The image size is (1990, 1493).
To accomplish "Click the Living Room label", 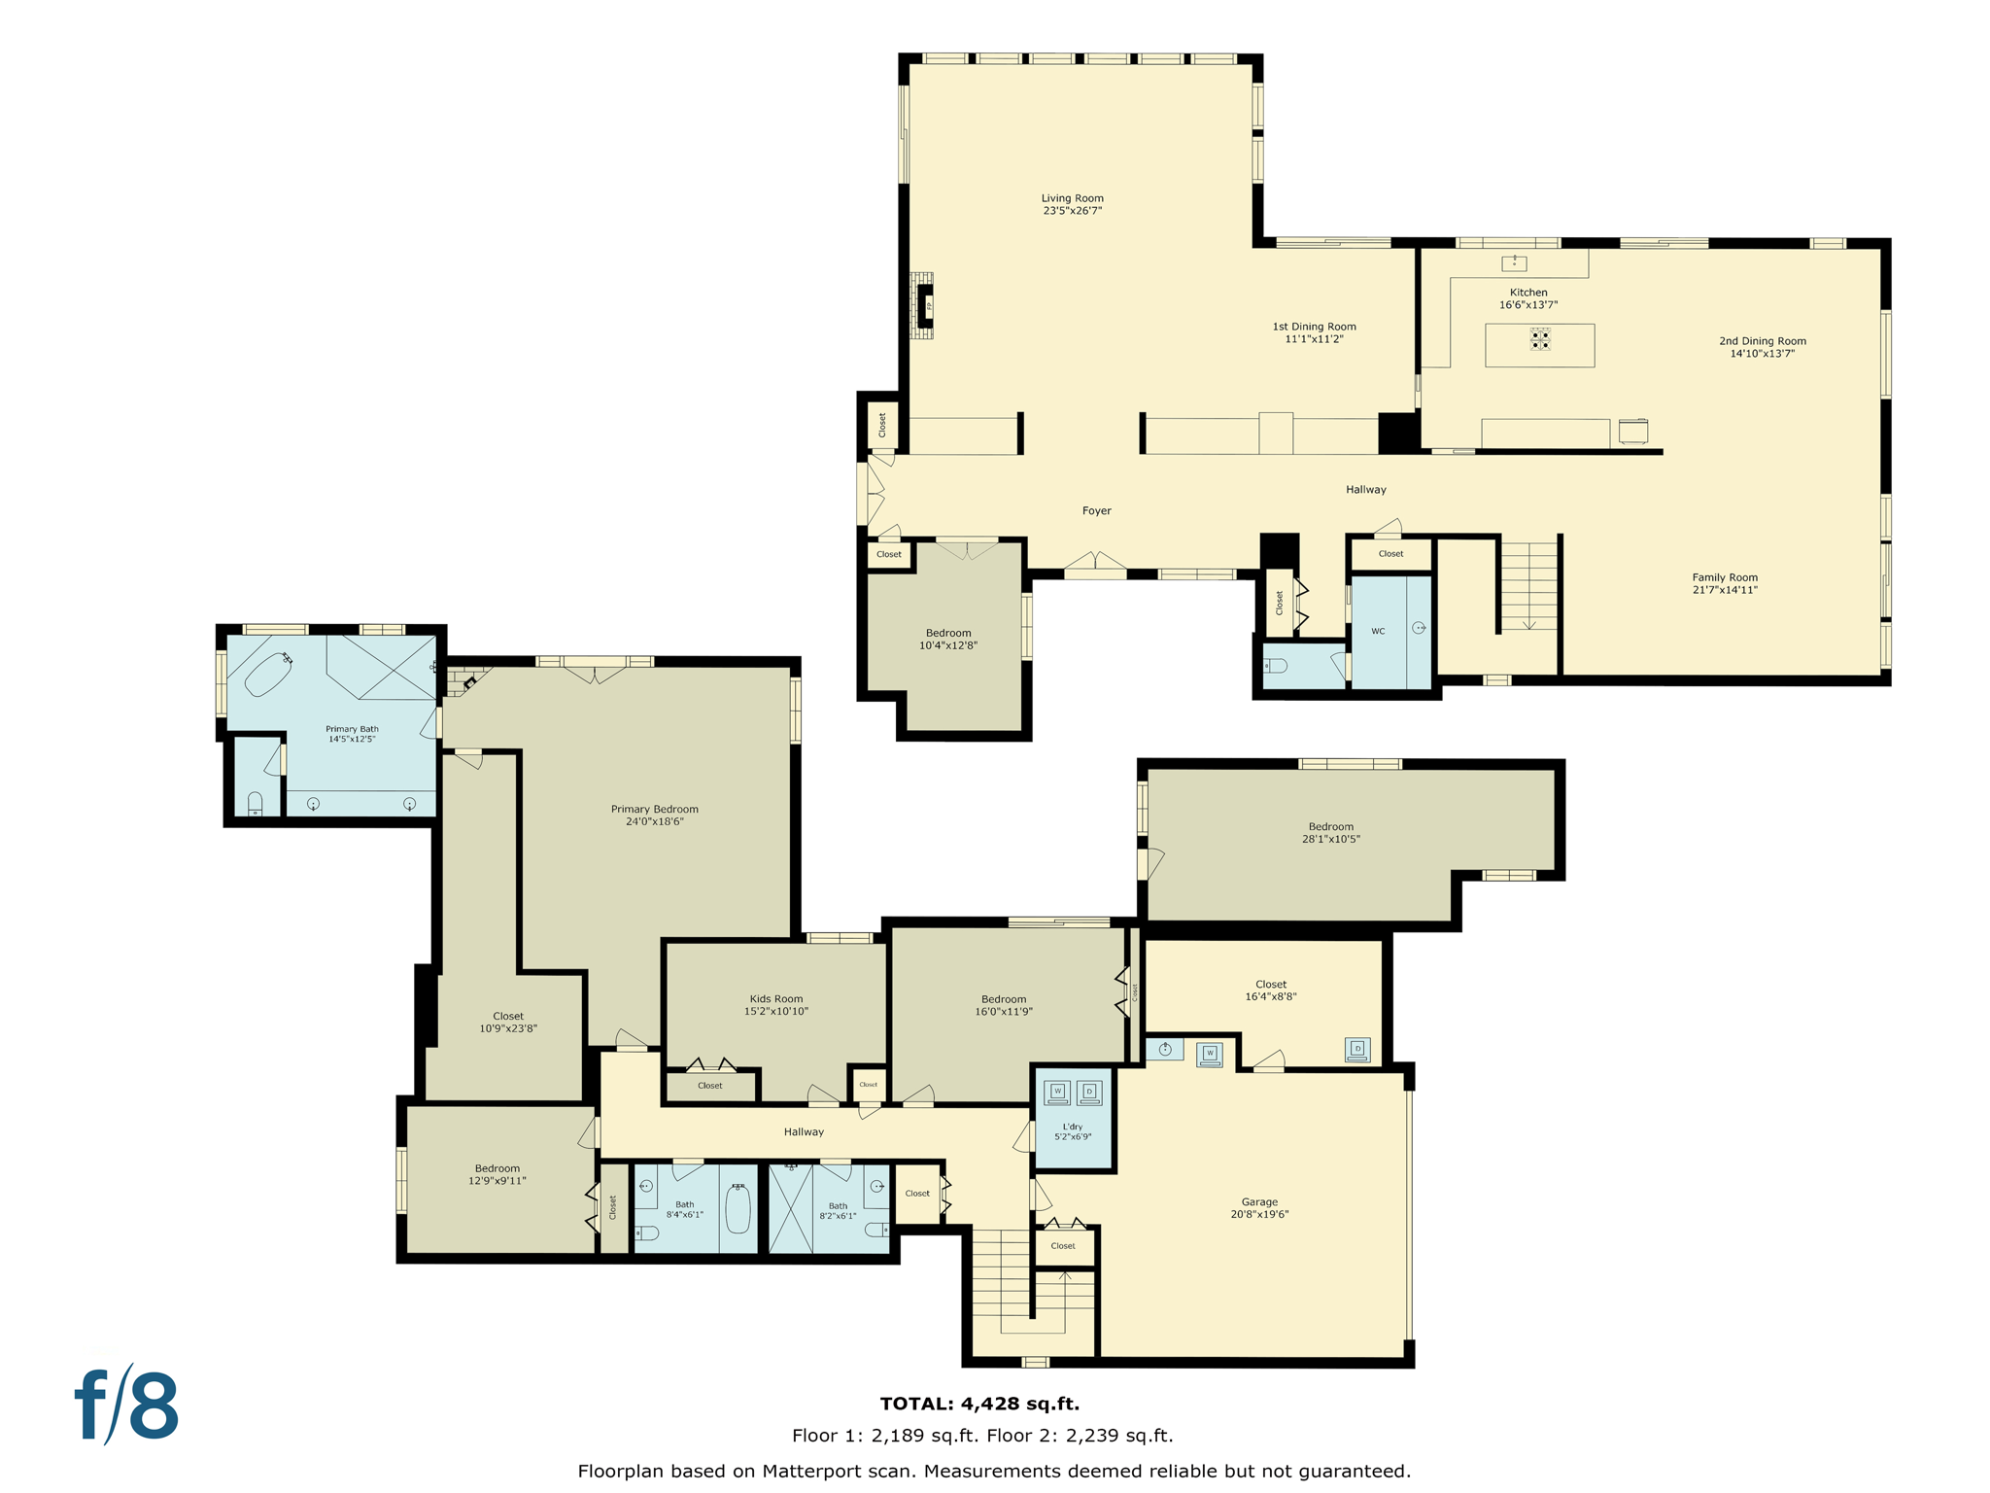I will (1072, 198).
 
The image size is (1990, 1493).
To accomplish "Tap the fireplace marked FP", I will (928, 306).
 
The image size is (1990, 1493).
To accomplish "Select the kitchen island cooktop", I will (1539, 339).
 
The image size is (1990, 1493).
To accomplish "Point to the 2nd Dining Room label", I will (1762, 341).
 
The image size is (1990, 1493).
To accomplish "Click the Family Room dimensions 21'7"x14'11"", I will (1725, 590).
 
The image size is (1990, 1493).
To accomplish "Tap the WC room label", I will (1378, 632).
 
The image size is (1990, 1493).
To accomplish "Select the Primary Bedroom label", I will (654, 809).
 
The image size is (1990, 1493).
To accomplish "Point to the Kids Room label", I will (775, 998).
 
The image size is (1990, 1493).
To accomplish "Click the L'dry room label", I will (1073, 1127).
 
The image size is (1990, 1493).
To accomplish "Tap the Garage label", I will (1259, 1201).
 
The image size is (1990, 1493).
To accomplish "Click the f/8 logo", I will (127, 1406).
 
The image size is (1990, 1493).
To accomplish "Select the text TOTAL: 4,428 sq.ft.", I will (979, 1404).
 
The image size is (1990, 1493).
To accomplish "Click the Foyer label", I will (1096, 510).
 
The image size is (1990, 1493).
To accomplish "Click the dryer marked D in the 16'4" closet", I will (1357, 1049).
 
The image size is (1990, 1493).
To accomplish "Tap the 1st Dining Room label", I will (1314, 327).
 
